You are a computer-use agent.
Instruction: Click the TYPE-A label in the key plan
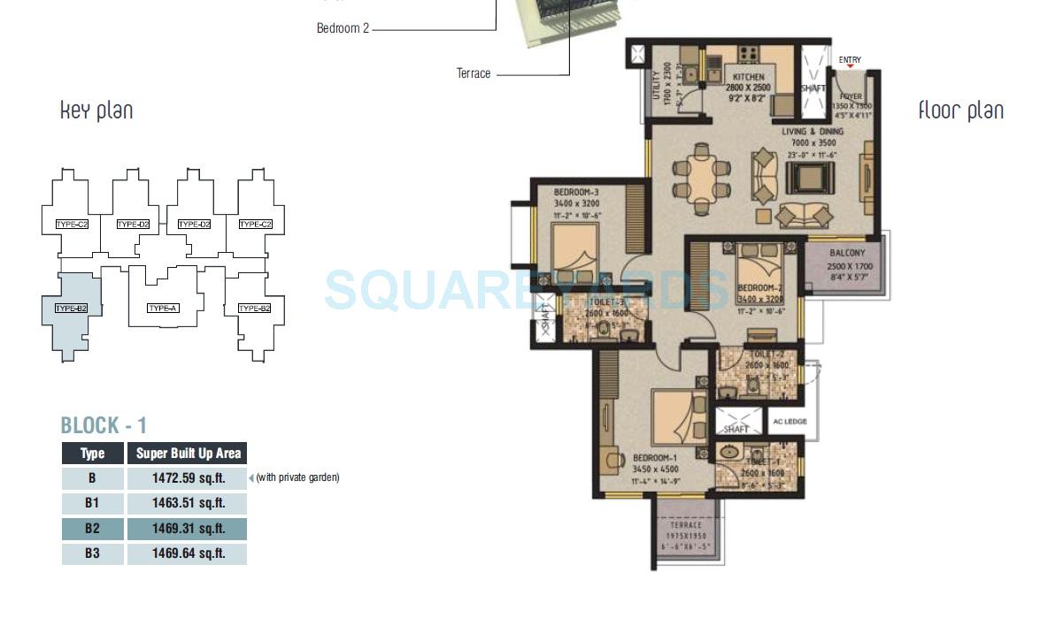point(163,308)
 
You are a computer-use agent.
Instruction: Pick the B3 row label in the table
point(92,554)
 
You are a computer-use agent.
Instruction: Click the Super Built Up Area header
point(188,454)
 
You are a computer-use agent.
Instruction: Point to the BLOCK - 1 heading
point(104,425)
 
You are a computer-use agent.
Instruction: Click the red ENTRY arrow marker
point(850,67)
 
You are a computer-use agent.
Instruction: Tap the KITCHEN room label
point(748,78)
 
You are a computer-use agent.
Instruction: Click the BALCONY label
point(847,253)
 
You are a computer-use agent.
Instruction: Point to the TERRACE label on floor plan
point(686,525)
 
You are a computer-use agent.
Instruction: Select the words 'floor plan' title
point(960,111)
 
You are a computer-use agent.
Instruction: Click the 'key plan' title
point(96,111)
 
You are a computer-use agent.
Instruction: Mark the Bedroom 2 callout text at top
point(343,28)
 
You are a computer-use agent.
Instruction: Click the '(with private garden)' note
point(297,478)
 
